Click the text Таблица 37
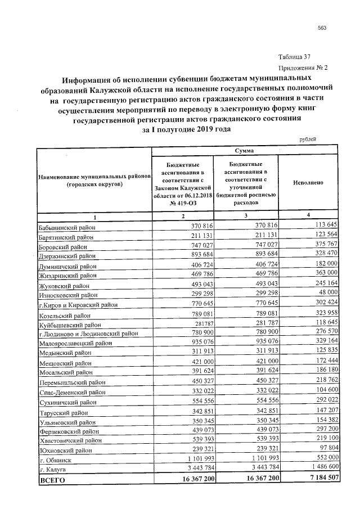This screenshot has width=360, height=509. click(x=295, y=57)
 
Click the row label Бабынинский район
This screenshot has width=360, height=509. click(x=66, y=228)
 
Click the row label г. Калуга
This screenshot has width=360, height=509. click(x=52, y=469)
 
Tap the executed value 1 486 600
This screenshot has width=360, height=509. click(x=319, y=467)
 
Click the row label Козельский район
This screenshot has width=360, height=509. click(x=64, y=316)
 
